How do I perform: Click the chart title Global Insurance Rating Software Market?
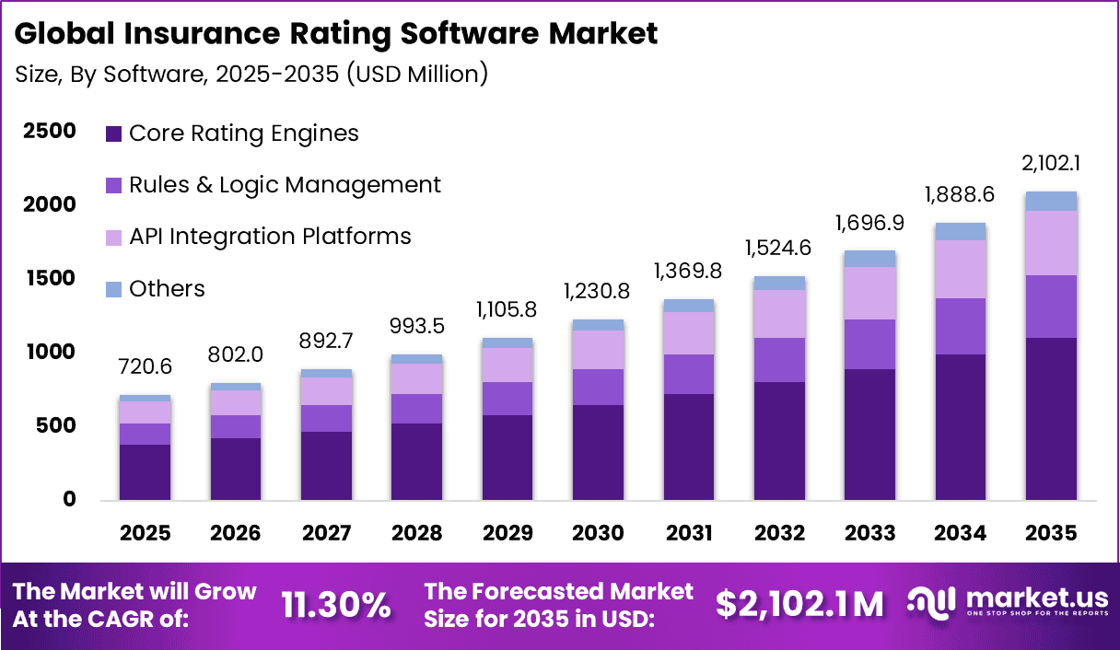[336, 34]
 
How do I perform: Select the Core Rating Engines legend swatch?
[114, 133]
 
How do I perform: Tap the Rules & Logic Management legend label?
[285, 185]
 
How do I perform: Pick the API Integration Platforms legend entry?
[270, 237]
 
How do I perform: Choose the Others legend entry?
[167, 289]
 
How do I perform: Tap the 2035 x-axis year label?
[1052, 533]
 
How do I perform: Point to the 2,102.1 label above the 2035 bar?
[1052, 166]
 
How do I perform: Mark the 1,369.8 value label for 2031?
[689, 273]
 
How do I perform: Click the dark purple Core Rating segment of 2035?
[1052, 419]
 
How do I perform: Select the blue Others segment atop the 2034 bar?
[961, 231]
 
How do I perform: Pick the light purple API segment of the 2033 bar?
[870, 293]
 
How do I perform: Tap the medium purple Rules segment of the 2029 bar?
[507, 399]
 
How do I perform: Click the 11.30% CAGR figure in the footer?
[336, 605]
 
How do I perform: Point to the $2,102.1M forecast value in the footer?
[799, 605]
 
